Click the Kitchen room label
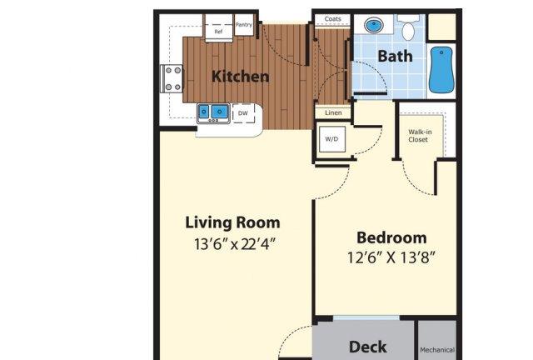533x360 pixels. click(x=241, y=77)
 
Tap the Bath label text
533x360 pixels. click(x=395, y=56)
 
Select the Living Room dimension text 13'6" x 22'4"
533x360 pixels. click(x=234, y=244)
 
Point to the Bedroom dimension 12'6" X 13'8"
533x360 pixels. click(x=391, y=257)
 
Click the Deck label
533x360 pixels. click(x=368, y=347)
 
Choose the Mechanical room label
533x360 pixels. click(x=437, y=350)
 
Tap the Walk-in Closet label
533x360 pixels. click(x=419, y=136)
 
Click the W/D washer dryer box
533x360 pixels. click(x=332, y=139)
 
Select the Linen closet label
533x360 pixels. click(x=333, y=112)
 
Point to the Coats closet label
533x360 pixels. click(x=333, y=19)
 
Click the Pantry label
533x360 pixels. click(x=244, y=25)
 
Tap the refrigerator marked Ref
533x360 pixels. click(x=218, y=27)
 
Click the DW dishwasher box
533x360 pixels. click(x=243, y=113)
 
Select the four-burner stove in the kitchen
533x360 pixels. click(x=172, y=78)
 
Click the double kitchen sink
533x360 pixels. click(x=213, y=112)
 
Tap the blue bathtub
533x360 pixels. click(x=441, y=70)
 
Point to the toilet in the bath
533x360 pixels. click(x=408, y=28)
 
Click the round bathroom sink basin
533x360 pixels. click(x=374, y=25)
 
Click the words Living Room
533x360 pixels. click(x=233, y=222)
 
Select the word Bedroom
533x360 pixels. click(x=391, y=237)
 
